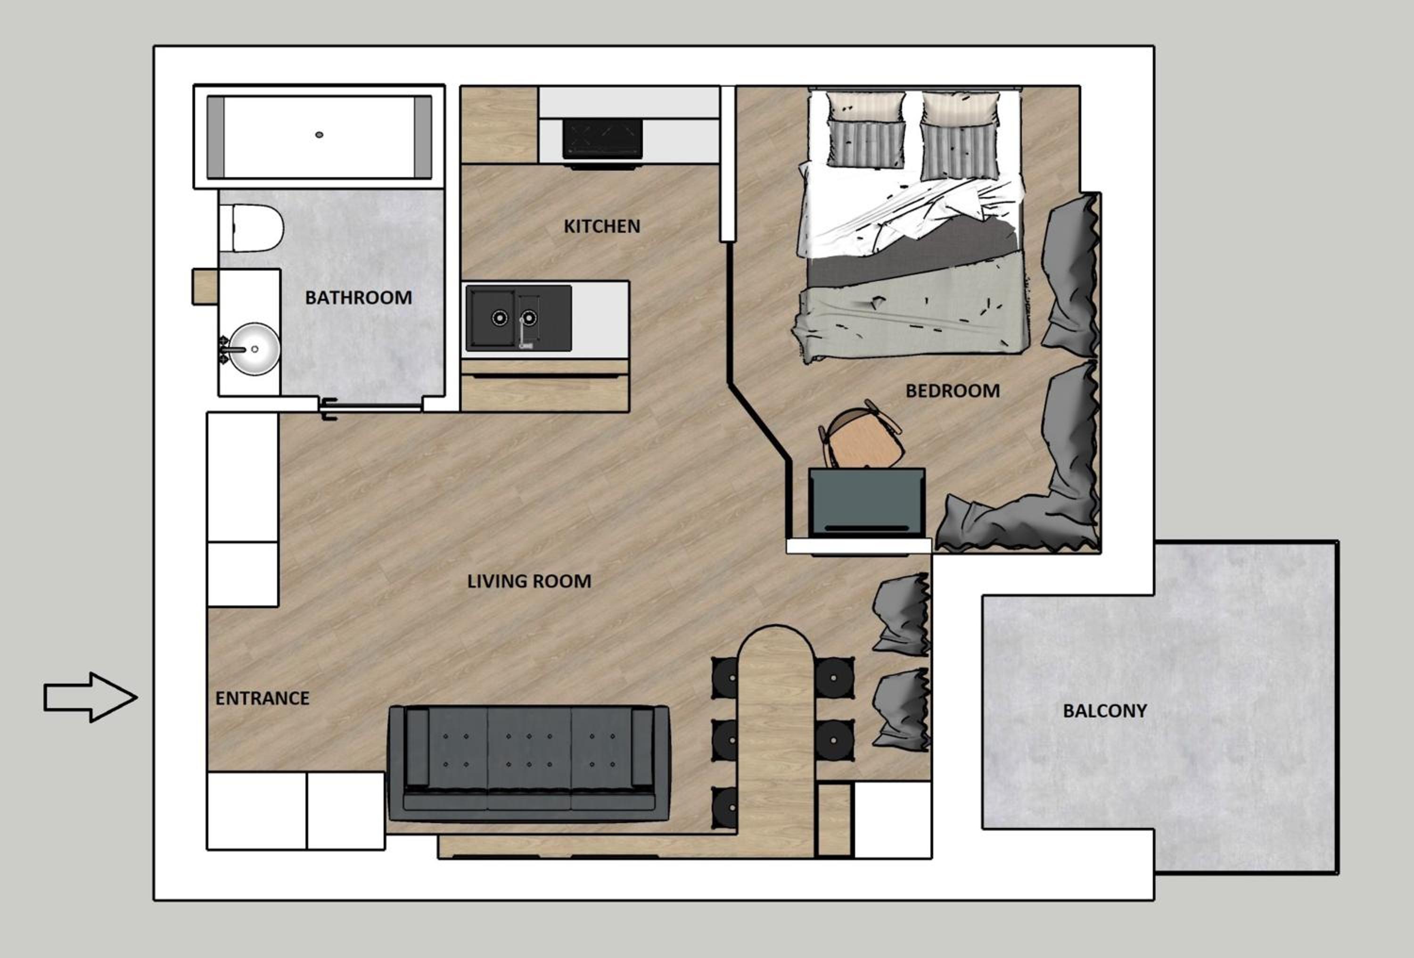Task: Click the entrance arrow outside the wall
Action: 90,697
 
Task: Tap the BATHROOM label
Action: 358,297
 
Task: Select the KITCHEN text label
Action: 602,226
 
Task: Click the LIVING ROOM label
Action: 529,581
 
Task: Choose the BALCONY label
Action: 1105,711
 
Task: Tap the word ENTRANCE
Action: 262,698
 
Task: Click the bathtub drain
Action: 319,134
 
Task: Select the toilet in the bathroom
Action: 251,228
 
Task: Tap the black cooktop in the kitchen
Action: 602,139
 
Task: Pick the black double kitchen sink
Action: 518,318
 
